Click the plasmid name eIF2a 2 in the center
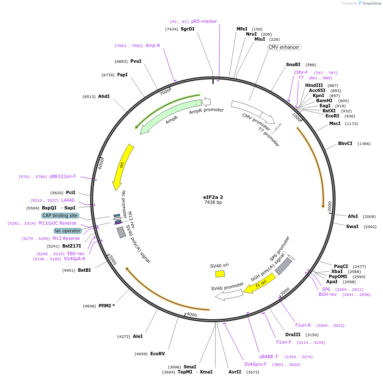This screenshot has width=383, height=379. (x=213, y=197)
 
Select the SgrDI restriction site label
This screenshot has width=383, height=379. (x=187, y=29)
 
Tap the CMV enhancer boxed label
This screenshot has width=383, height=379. (x=284, y=47)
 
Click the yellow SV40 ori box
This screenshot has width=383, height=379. (x=220, y=274)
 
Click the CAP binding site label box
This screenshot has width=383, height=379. (x=60, y=215)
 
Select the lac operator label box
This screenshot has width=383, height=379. (x=67, y=231)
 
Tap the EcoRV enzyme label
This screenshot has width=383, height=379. (x=157, y=354)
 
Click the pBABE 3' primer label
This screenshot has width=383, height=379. (x=269, y=357)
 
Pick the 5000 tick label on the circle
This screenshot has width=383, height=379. (x=112, y=259)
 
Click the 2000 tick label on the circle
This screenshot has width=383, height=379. (x=329, y=206)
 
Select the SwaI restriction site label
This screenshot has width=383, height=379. (x=352, y=226)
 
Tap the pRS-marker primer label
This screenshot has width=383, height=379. (x=204, y=21)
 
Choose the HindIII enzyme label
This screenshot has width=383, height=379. (x=314, y=85)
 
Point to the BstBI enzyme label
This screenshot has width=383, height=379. (x=84, y=270)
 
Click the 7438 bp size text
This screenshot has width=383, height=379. (x=213, y=203)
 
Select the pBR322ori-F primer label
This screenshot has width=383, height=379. (x=63, y=176)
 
